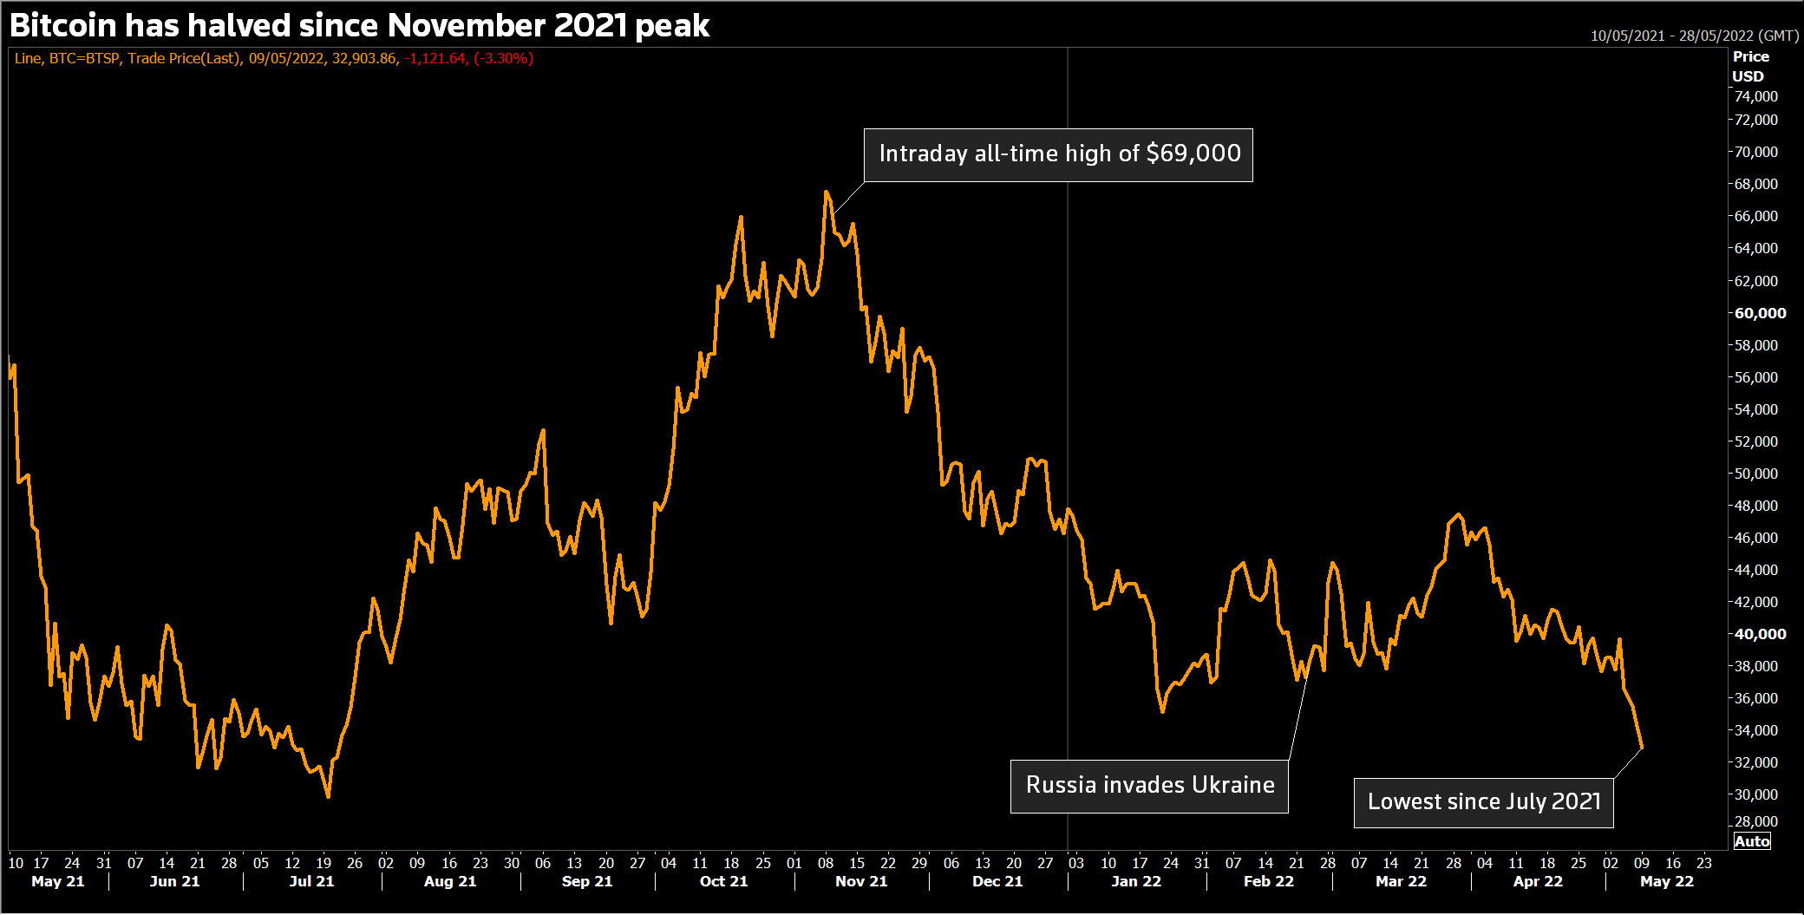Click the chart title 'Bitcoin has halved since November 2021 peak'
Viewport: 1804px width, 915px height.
pyautogui.click(x=359, y=26)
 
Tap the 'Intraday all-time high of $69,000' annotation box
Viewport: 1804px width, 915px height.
pyautogui.click(x=1058, y=154)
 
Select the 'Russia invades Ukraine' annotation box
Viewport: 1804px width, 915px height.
pyautogui.click(x=1149, y=786)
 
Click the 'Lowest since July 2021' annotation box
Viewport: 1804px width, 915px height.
pyautogui.click(x=1483, y=802)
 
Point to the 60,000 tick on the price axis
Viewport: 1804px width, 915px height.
pyautogui.click(x=1760, y=313)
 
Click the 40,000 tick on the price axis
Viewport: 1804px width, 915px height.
pyautogui.click(x=1760, y=634)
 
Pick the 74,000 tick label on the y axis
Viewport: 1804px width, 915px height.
pyautogui.click(x=1755, y=96)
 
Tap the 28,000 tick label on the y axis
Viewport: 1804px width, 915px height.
pyautogui.click(x=1755, y=821)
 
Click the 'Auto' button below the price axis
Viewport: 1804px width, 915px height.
pyautogui.click(x=1751, y=841)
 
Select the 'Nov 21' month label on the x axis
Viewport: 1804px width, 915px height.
pyautogui.click(x=861, y=881)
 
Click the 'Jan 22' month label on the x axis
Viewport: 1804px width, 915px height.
pyautogui.click(x=1136, y=881)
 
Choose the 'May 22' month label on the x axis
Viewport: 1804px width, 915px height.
pyautogui.click(x=1666, y=881)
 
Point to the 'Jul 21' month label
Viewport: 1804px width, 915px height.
pyautogui.click(x=311, y=881)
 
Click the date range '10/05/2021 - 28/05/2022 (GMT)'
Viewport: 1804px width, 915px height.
pyautogui.click(x=1694, y=36)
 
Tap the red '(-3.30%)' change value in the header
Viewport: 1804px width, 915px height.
pyautogui.click(x=503, y=58)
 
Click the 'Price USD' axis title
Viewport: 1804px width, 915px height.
pyautogui.click(x=1749, y=66)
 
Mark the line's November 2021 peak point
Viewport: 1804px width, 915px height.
pyautogui.click(x=826, y=192)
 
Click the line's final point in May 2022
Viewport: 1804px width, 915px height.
pyautogui.click(x=1642, y=747)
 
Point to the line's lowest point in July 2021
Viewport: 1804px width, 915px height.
pyautogui.click(x=328, y=796)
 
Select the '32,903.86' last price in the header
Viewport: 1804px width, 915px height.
pyautogui.click(x=364, y=58)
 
